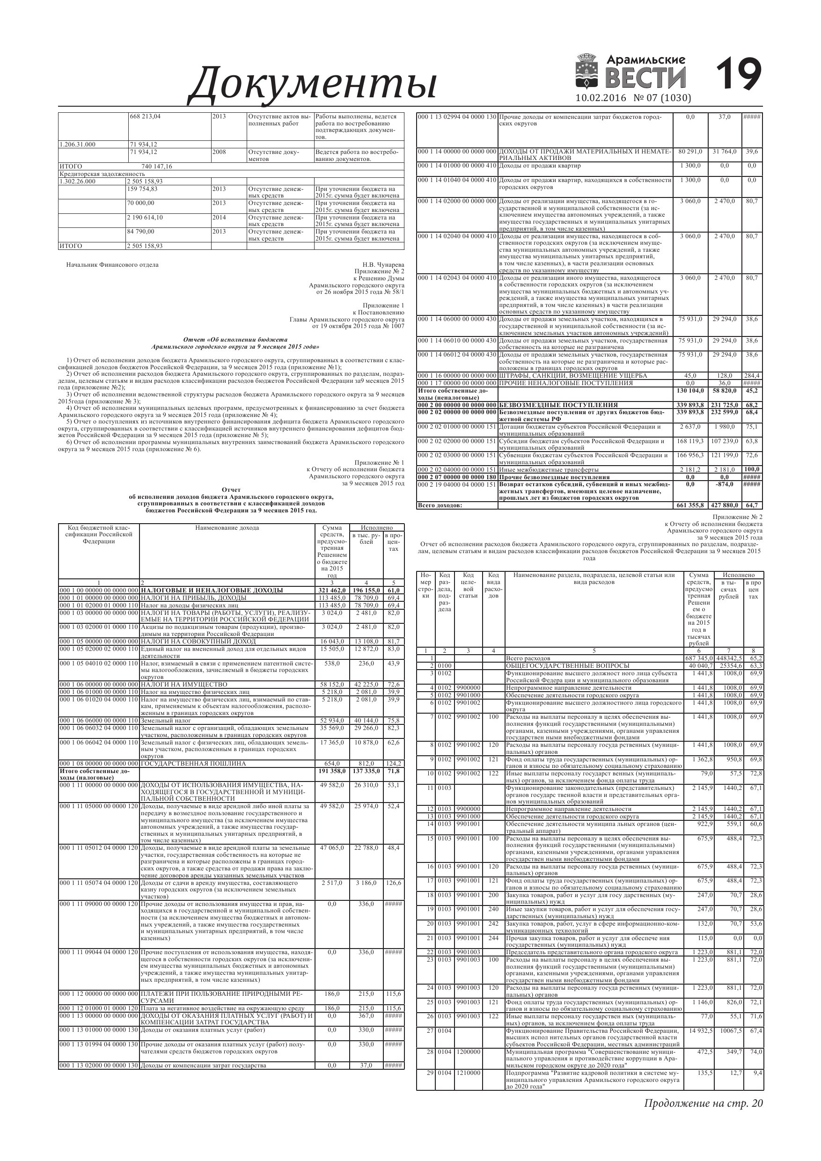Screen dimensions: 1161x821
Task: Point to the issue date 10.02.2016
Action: [x=601, y=98]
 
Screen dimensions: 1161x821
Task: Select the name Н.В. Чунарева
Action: [x=383, y=264]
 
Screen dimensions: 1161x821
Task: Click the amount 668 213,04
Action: [x=145, y=117]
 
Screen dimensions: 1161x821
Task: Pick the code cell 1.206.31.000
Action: [x=77, y=144]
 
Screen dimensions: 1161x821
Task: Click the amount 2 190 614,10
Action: [x=147, y=218]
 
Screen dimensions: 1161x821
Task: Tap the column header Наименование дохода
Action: [x=227, y=528]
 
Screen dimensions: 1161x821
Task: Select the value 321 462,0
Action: [x=332, y=590]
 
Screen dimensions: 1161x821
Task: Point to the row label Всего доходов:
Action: [x=440, y=505]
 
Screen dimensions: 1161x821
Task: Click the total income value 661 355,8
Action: [x=690, y=505]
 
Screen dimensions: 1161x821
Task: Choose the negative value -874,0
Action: [x=725, y=484]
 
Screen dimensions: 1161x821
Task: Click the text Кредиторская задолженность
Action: [x=102, y=174]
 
